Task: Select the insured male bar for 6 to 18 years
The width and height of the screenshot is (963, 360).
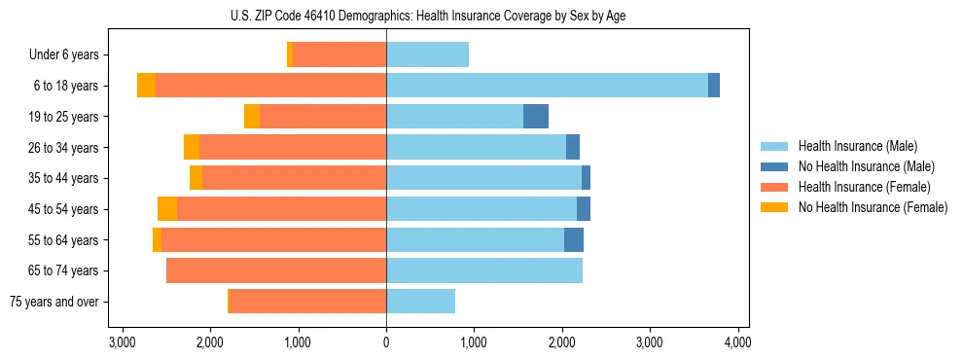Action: coord(547,86)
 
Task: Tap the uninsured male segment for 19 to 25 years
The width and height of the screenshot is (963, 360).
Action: coord(536,117)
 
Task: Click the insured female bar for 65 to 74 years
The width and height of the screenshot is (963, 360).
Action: coord(276,270)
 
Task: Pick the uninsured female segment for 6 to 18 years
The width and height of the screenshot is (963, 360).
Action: coord(146,86)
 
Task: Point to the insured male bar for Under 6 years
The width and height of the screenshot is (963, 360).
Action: coord(427,55)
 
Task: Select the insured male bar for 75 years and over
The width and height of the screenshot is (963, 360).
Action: coord(420,302)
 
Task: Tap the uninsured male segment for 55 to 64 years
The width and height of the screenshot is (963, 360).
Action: coord(574,240)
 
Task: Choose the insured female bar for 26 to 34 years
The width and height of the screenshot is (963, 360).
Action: coord(293,148)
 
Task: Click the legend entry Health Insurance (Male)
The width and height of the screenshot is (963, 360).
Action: coord(857,146)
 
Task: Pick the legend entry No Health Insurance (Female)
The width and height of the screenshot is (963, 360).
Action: coord(873,207)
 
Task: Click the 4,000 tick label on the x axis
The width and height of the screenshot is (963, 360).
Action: coord(737,342)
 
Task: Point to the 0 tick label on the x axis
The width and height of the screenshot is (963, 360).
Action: coord(386,342)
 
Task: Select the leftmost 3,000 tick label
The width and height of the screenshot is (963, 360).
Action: coord(123,342)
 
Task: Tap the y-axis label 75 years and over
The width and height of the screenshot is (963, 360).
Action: coord(54,302)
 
